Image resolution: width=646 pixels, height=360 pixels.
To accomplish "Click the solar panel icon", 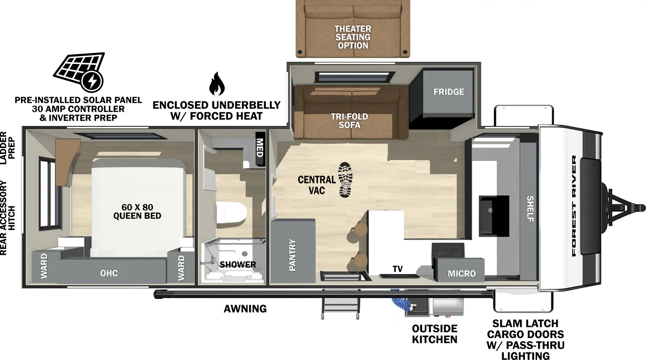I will click(79, 72).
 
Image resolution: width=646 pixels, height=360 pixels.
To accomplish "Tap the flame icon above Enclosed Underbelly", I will click(217, 84).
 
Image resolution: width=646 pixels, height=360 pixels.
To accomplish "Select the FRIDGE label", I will click(449, 92).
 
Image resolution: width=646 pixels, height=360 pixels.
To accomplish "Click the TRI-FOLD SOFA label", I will click(349, 121).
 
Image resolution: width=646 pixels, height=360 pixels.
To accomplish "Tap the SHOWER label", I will click(237, 265).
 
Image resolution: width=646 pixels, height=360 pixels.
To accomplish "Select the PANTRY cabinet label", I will click(292, 255).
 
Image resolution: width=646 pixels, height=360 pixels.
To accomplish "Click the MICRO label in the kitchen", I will click(461, 274).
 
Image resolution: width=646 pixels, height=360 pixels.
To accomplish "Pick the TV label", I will click(397, 269).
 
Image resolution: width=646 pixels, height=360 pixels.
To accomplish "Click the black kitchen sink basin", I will click(494, 216).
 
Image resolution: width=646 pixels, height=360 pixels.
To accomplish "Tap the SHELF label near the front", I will click(530, 209).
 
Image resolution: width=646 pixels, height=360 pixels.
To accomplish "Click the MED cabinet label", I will click(260, 148).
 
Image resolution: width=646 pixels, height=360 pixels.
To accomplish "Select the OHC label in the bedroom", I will click(109, 273).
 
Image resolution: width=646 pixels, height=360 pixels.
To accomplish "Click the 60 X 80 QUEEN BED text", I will click(137, 212).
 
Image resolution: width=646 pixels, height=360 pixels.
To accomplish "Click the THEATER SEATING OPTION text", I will click(353, 37).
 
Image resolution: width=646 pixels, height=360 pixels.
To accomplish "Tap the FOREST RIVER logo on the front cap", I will click(574, 206).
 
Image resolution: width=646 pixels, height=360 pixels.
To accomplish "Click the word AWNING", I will click(245, 309).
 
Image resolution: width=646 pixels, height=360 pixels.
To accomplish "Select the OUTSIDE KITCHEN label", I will click(434, 334).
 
